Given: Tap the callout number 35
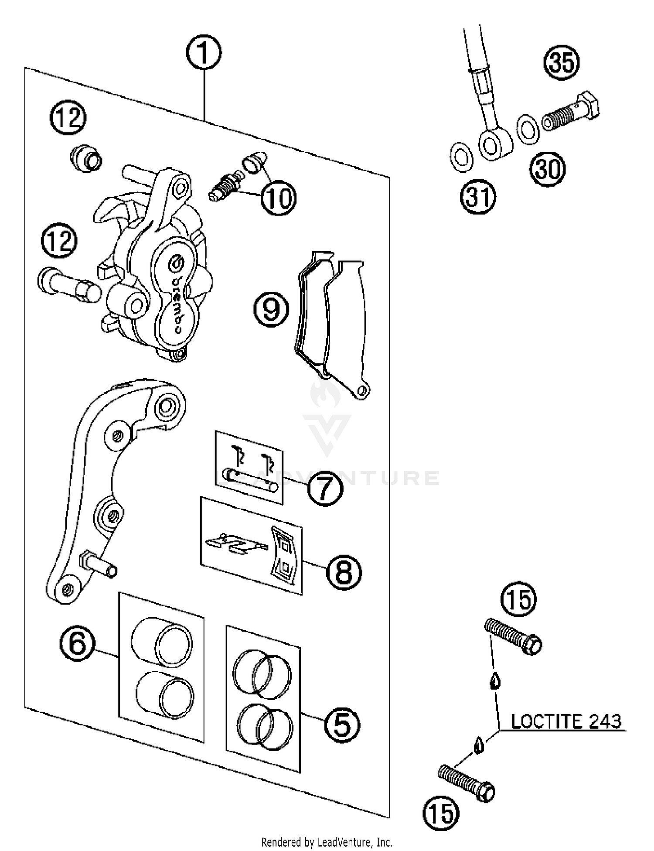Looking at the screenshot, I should pos(562,62).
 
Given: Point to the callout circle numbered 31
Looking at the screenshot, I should pos(478,197).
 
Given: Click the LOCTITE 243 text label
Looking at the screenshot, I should pos(565,721).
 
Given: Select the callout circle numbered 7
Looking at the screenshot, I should pos(325,489).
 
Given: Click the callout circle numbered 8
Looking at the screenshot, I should pos(344,571).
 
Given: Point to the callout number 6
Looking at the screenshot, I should pos(77,643).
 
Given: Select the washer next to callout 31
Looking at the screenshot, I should pos(461,157).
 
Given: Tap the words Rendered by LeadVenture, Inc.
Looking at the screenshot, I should pos(327,842).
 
